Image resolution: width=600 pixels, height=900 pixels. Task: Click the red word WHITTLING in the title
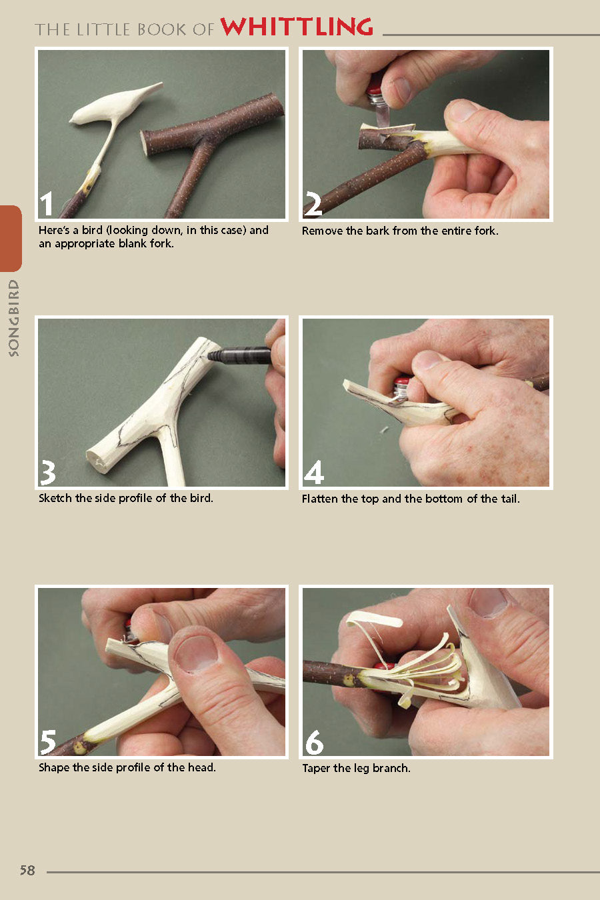coord(297,27)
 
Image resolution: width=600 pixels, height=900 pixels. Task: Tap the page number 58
coord(27,870)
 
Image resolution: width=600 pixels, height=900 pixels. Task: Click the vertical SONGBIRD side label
coord(13,318)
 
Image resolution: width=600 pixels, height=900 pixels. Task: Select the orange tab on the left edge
coord(11,238)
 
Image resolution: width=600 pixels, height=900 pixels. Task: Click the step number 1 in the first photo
coord(46,204)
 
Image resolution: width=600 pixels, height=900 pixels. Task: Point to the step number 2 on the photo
coord(313,204)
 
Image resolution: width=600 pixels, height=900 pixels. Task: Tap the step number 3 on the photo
coord(47,473)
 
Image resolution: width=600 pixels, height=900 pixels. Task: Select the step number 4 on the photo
coord(314,473)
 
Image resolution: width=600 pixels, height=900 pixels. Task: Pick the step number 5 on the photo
coord(48,741)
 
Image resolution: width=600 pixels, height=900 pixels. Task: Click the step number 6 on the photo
coord(314,742)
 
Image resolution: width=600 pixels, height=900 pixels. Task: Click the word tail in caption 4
coord(509,499)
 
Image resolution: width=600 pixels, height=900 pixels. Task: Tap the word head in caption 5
coord(201,767)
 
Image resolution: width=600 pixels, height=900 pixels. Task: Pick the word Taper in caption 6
coord(316,768)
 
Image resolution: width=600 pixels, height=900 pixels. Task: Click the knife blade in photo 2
coord(383,116)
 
